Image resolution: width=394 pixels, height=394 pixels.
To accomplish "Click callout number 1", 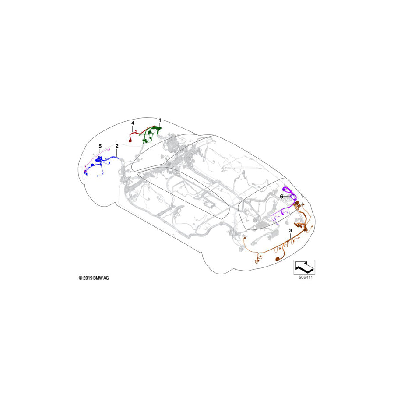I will click(x=160, y=120).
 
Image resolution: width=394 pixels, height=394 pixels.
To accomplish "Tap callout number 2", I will click(x=117, y=146).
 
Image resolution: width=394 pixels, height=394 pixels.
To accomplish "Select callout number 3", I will click(x=290, y=230).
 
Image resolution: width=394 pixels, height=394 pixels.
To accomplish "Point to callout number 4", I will click(x=133, y=123).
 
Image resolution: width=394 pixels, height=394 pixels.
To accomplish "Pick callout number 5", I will click(x=100, y=146).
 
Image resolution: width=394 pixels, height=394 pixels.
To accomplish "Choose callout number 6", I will click(x=282, y=197).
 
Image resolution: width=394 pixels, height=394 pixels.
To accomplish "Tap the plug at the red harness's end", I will click(x=130, y=141).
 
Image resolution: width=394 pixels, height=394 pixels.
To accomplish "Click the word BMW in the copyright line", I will click(x=98, y=278).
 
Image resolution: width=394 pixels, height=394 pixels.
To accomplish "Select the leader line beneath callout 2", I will click(x=117, y=153).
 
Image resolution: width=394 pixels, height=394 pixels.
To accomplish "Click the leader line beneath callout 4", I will click(x=133, y=130).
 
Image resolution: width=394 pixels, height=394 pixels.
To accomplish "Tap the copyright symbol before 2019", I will click(x=81, y=278).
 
